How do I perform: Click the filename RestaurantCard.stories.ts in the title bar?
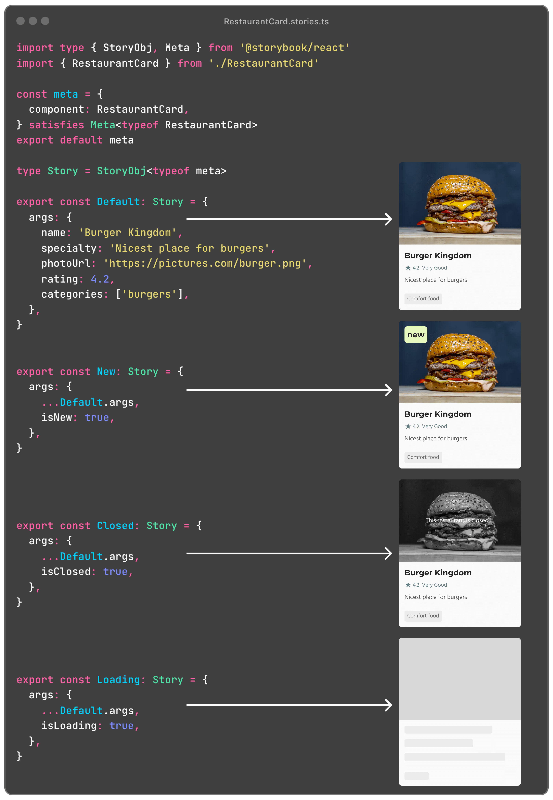276,22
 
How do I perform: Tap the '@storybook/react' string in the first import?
294,47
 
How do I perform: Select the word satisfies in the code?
56,125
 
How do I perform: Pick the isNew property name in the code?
56,417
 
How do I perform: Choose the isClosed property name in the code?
66,571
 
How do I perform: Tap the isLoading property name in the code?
69,726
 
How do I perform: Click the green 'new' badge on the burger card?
415,335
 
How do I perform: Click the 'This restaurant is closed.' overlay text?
457,520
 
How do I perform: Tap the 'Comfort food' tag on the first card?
423,299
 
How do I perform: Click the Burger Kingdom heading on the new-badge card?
438,414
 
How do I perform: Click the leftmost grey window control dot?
20,21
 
